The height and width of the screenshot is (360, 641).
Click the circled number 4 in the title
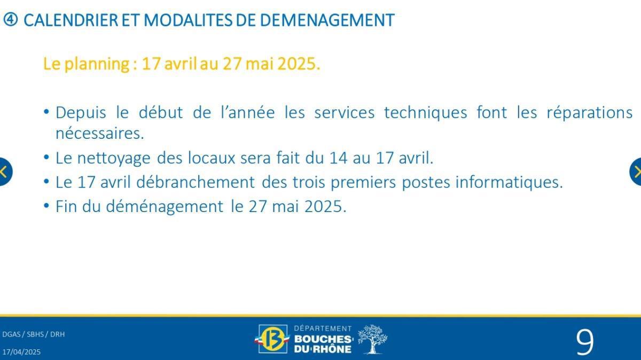(11, 20)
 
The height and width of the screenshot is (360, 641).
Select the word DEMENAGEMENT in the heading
(327, 20)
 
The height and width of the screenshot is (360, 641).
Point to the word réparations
(589, 113)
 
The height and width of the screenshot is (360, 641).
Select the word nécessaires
(100, 134)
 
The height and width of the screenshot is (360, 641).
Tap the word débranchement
(196, 183)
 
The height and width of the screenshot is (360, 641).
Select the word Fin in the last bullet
(67, 207)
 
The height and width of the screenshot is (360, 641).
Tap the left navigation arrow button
(4, 172)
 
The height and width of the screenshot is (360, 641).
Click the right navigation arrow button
(636, 172)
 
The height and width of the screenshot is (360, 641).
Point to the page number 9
(584, 342)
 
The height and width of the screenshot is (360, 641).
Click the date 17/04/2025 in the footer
(21, 352)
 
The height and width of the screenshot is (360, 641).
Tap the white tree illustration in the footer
(372, 339)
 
